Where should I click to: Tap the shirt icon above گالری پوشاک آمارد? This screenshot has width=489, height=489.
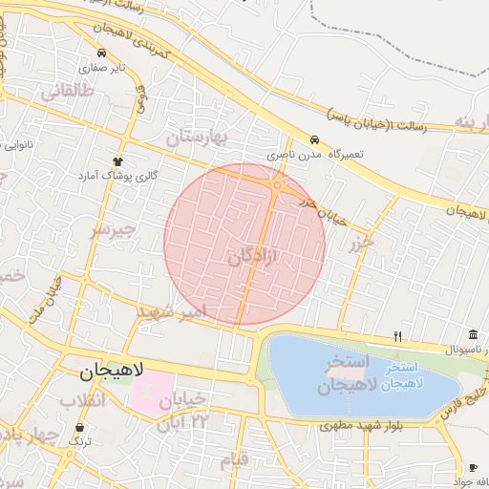click(118, 160)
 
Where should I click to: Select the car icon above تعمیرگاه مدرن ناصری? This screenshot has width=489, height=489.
click(314, 138)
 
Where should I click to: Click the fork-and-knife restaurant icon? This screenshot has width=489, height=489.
click(397, 336)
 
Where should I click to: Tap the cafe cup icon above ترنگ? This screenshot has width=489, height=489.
click(79, 426)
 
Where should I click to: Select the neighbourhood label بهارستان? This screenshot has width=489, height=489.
click(200, 139)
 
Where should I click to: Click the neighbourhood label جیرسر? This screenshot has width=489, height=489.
click(115, 231)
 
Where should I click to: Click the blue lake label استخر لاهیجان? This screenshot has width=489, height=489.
click(409, 375)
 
